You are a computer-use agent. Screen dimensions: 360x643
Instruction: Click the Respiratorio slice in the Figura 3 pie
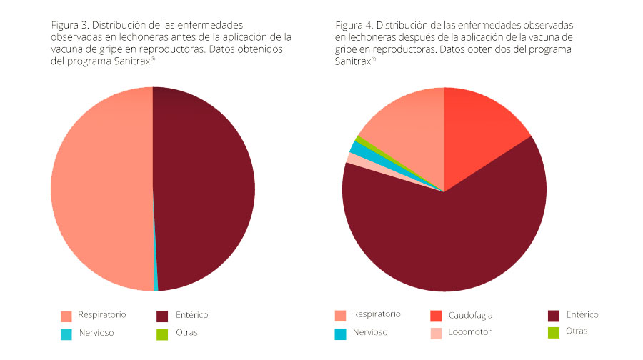pos(100,189)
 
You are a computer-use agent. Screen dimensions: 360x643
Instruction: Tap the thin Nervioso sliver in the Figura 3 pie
pos(156,286)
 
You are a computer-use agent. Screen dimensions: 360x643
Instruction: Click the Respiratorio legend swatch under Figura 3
pos(66,316)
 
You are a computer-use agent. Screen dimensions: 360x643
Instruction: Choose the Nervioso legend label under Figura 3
pos(96,333)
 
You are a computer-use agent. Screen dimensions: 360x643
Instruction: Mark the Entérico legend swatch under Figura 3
pos(162,316)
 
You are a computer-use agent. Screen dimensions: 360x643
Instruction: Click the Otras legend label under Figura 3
pos(186,333)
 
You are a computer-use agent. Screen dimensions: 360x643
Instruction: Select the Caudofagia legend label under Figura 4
pos(471,315)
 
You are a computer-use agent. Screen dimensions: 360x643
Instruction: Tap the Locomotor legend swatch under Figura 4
pos(436,333)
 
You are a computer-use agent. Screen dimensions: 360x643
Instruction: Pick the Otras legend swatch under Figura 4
pos(553,332)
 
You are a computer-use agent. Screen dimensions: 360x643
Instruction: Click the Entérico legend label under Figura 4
pos(582,314)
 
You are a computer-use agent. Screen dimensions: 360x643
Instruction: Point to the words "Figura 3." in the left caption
pos(70,25)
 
